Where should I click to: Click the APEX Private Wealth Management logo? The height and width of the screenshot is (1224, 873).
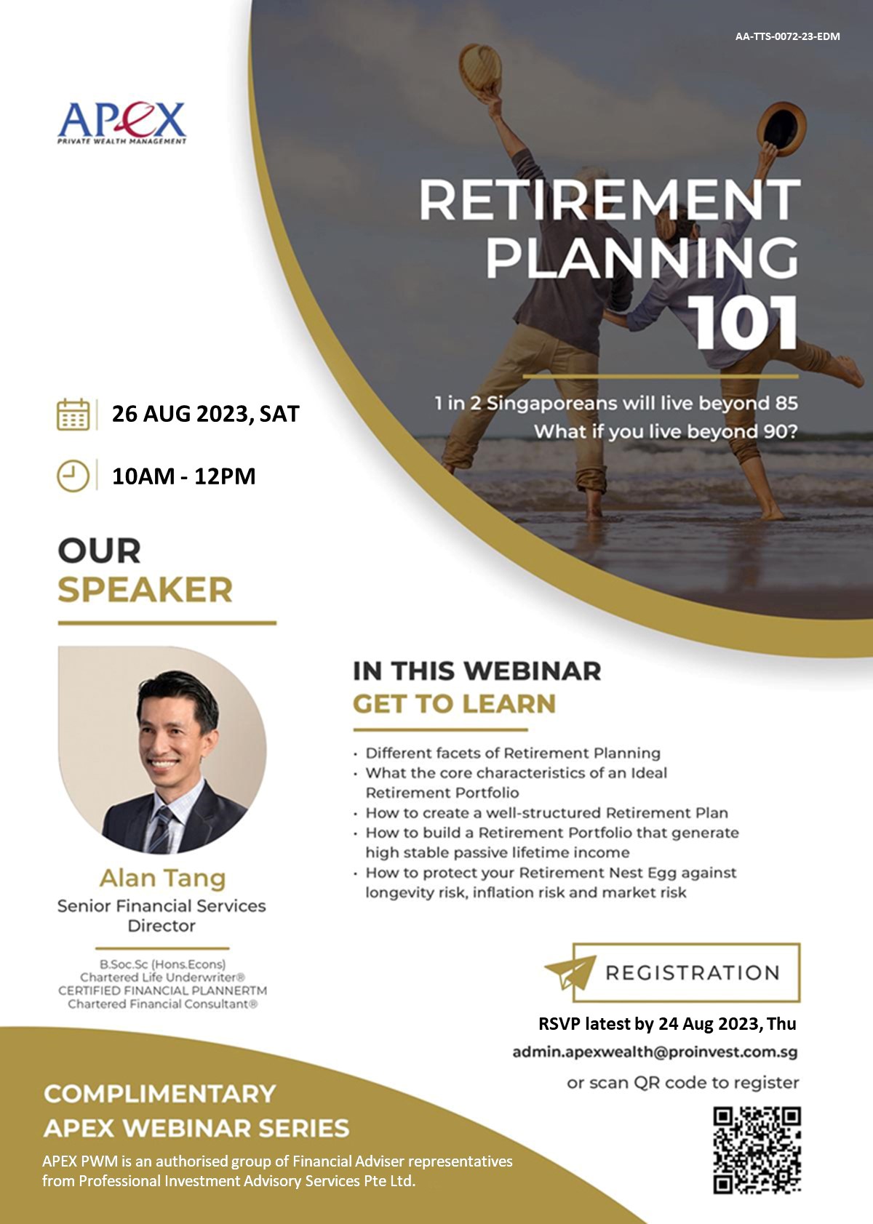pyautogui.click(x=122, y=123)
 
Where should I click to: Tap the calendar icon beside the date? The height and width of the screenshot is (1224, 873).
pyautogui.click(x=73, y=415)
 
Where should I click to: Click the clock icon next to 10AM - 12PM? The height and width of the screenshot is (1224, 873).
pyautogui.click(x=73, y=476)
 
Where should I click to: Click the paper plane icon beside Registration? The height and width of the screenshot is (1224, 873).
pyautogui.click(x=570, y=972)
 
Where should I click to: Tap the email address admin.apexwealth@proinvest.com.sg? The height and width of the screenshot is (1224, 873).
pyautogui.click(x=655, y=1052)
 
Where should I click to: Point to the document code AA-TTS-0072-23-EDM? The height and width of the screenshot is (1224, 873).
pyautogui.click(x=787, y=36)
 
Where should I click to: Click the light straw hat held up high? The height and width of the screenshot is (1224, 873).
pyautogui.click(x=480, y=70)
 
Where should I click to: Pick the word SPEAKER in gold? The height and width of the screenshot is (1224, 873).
pyautogui.click(x=145, y=590)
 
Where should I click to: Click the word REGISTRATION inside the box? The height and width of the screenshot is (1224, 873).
pyautogui.click(x=692, y=973)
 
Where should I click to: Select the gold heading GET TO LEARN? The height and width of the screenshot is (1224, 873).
pyautogui.click(x=454, y=704)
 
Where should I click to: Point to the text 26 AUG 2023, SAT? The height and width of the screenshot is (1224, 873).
pyautogui.click(x=206, y=415)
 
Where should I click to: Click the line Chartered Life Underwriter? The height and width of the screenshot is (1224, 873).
pyautogui.click(x=162, y=977)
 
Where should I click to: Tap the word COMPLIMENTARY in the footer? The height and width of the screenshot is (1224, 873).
pyautogui.click(x=159, y=1094)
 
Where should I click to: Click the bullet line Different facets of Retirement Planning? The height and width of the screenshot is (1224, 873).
pyautogui.click(x=513, y=753)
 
